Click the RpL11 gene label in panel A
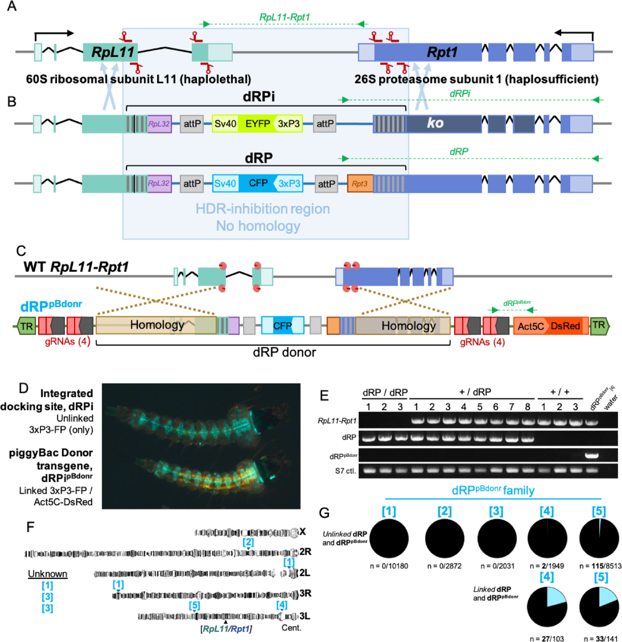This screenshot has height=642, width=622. point(112,52)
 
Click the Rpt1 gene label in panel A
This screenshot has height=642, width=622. point(442,52)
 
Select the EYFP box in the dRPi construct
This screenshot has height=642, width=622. point(258,123)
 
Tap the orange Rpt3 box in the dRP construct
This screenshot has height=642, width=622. point(360,184)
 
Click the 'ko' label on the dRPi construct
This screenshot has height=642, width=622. point(434,123)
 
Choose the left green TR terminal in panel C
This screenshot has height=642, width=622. point(26,326)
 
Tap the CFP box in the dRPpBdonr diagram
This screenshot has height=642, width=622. point(282,326)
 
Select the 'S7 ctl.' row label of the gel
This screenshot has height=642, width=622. point(344,471)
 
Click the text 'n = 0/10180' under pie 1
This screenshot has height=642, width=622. point(389,566)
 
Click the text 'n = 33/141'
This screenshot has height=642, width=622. point(600,638)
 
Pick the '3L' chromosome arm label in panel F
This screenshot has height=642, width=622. point(305,616)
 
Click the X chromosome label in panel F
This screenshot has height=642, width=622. point(302,532)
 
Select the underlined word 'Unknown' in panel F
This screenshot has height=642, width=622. point(48,574)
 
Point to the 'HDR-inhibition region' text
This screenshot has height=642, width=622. point(263,209)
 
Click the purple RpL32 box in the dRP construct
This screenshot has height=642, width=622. point(159,184)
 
